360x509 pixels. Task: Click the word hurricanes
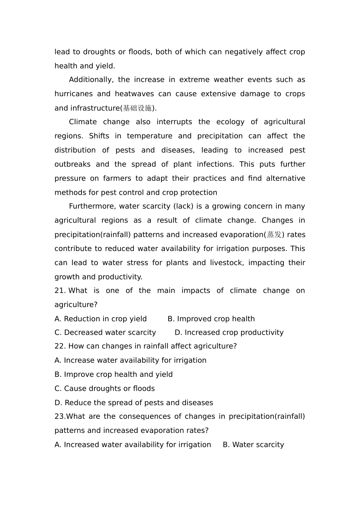72,94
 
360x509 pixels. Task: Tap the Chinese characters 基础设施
137,108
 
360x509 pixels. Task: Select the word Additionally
91,80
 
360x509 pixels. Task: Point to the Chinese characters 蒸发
274,235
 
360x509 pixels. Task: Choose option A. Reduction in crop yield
100,319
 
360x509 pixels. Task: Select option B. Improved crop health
211,319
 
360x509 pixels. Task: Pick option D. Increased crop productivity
229,333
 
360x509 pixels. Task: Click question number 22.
60,346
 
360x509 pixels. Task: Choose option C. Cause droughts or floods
105,389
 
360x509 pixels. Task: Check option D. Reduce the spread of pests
134,403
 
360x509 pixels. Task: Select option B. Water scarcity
253,445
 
